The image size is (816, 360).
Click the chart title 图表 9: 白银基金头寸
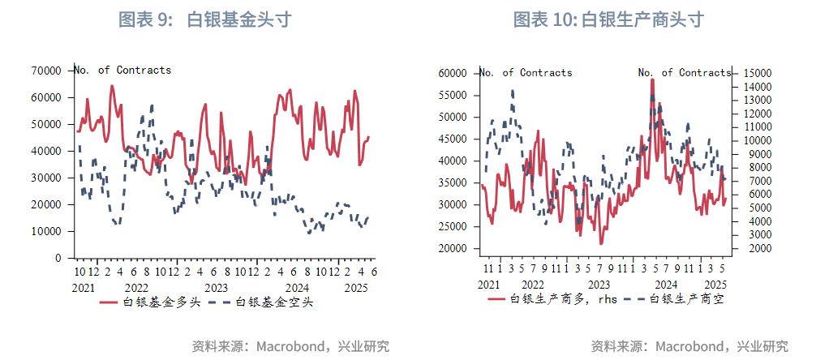pyautogui.click(x=204, y=20)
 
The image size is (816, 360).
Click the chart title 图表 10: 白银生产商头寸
pyautogui.click(x=608, y=20)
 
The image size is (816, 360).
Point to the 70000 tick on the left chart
pyautogui.click(x=46, y=71)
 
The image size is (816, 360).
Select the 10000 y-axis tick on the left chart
pyautogui.click(x=46, y=231)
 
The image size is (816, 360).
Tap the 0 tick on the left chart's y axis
pyautogui.click(x=58, y=258)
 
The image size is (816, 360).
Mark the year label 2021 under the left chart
pyautogui.click(x=84, y=287)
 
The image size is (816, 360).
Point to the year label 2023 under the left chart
pyautogui.click(x=216, y=287)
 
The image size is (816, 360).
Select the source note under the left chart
pyautogui.click(x=290, y=346)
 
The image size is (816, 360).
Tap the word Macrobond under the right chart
pyautogui.click(x=689, y=346)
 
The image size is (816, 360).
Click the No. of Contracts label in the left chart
pyautogui.click(x=123, y=70)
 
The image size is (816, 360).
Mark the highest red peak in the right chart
pyautogui.click(x=652, y=79)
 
